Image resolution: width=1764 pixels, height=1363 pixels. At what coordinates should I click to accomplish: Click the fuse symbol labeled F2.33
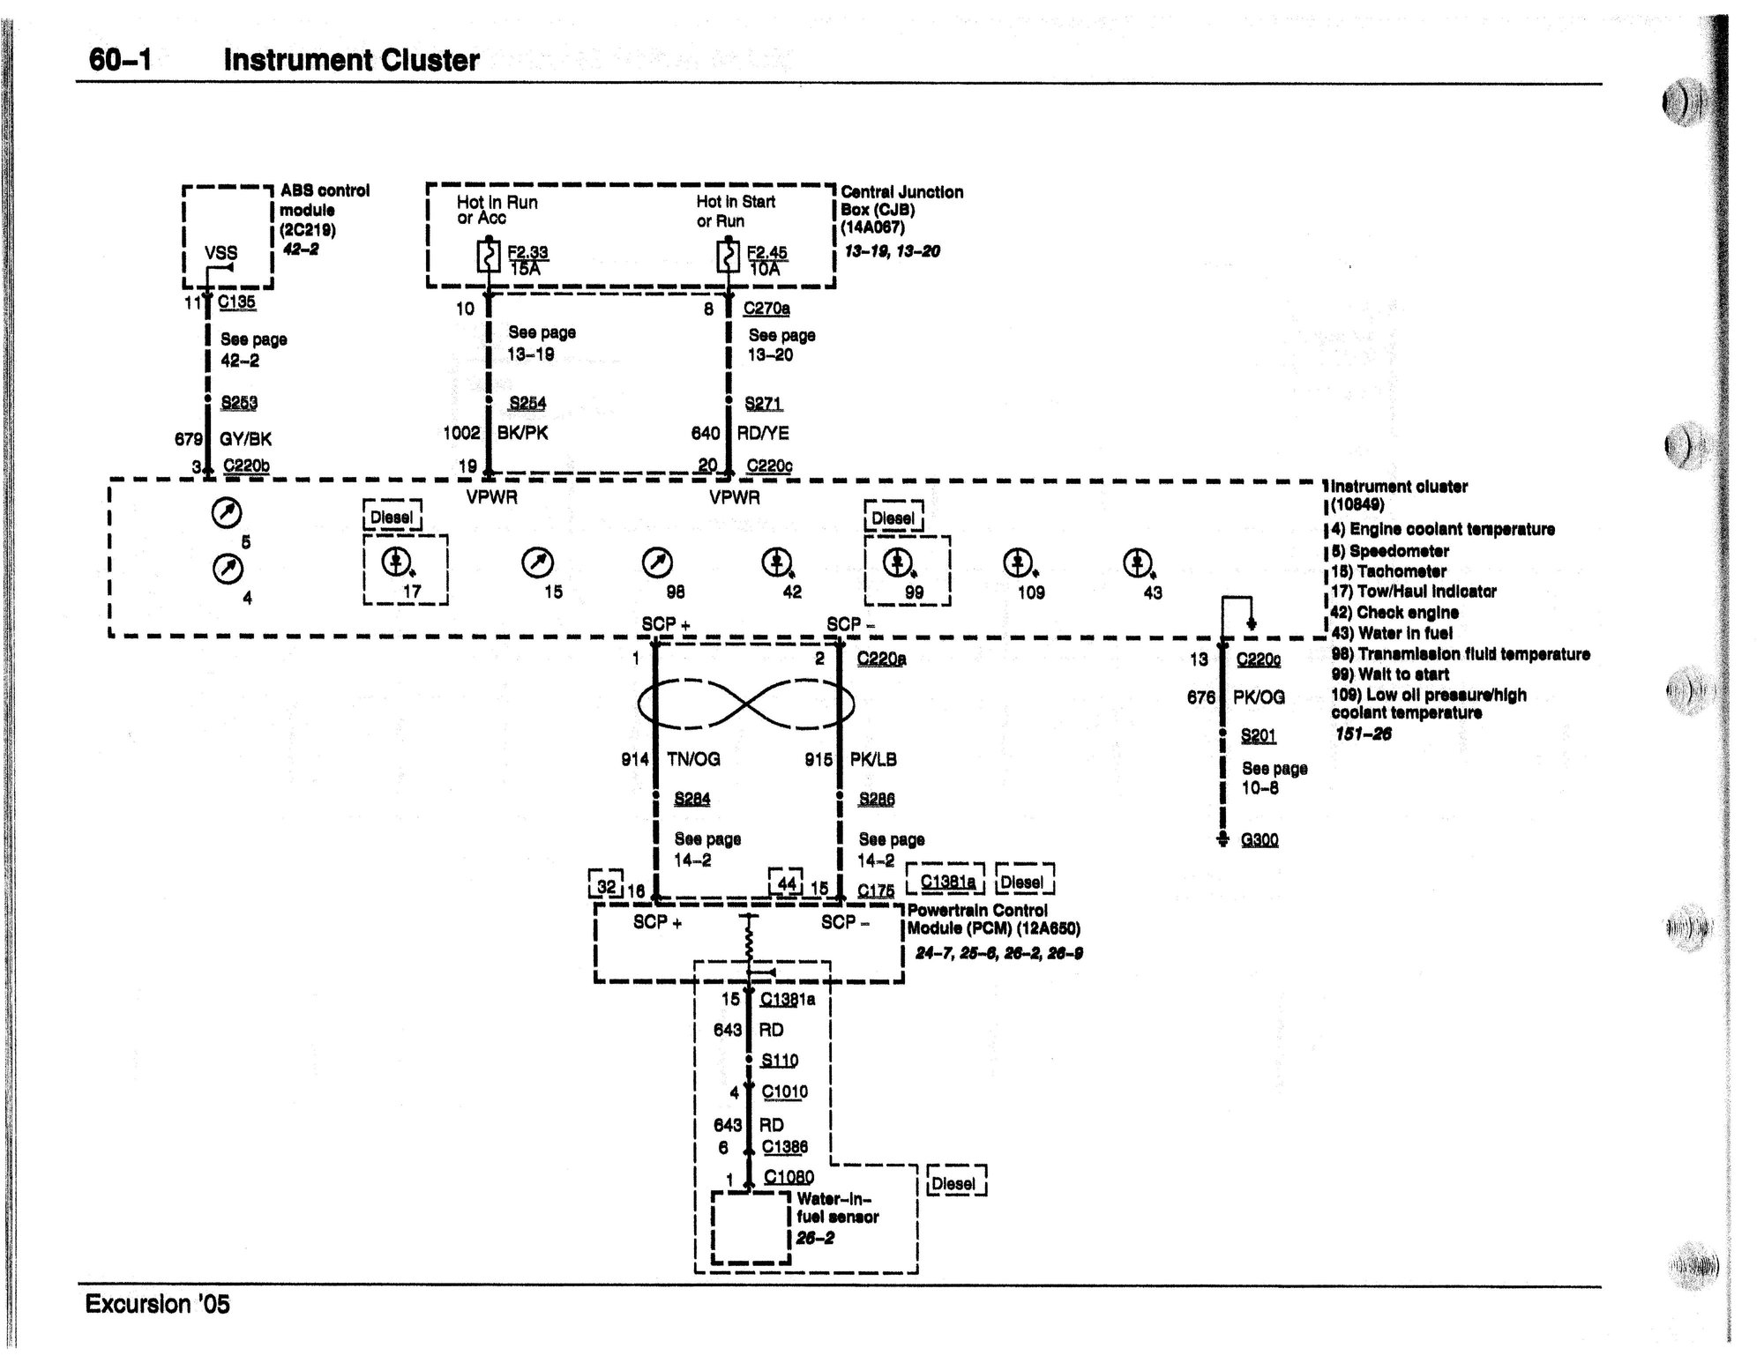(489, 256)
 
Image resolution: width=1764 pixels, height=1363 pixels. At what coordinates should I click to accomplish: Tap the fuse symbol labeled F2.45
(729, 256)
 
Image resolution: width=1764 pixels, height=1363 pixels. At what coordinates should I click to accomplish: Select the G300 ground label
(1259, 839)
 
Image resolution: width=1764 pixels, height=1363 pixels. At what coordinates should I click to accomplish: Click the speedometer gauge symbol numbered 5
(227, 512)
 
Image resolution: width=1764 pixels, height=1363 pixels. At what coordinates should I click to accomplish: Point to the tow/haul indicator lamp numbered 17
(396, 561)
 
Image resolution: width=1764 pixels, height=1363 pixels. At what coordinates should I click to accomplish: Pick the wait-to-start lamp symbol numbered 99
(898, 561)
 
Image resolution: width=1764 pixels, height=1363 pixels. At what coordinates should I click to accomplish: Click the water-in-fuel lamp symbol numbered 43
(1136, 561)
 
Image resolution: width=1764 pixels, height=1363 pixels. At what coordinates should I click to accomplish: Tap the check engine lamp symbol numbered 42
(775, 561)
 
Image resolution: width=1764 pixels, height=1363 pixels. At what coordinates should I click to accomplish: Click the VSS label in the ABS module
(220, 253)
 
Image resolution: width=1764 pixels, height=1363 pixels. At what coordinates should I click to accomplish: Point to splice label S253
(239, 403)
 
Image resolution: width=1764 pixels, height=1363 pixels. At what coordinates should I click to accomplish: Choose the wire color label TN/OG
(694, 759)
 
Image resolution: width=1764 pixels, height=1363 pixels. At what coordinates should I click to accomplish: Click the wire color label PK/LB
(873, 759)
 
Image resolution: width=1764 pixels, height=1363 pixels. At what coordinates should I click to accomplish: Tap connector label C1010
(784, 1091)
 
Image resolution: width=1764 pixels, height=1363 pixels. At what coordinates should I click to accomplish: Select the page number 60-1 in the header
(121, 60)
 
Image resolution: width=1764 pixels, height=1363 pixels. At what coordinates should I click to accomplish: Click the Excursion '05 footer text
(157, 1304)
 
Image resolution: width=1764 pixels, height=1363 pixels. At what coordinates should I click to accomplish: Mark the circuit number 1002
(461, 433)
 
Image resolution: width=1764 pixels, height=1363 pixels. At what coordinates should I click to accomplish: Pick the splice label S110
(779, 1061)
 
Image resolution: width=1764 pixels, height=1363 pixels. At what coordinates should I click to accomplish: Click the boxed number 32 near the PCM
(607, 885)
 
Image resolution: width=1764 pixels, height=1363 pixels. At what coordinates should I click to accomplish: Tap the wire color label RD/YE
(763, 433)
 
